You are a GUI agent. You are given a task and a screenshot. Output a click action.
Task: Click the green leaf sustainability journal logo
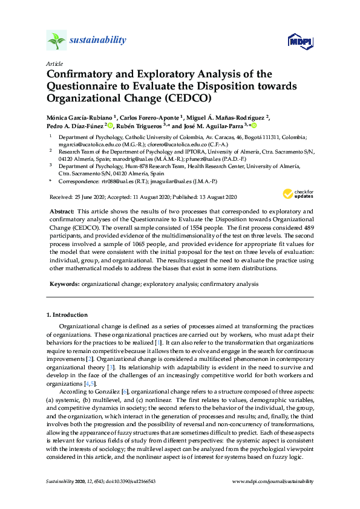[x=56, y=41]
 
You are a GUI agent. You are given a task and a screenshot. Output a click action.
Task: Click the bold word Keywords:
[x=64, y=283]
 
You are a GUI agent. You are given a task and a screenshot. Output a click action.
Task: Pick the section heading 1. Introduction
[x=67, y=315]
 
